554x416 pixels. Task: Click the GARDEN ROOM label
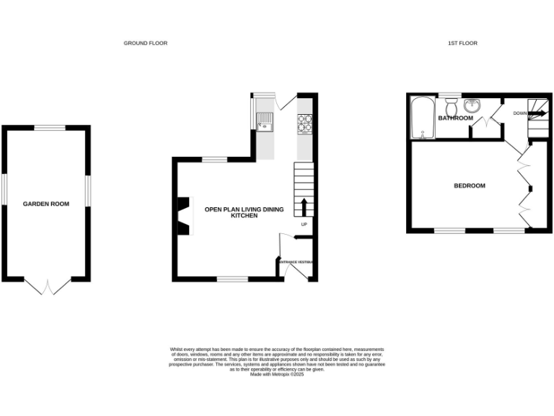click(x=46, y=204)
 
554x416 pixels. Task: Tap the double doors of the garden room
click(x=47, y=287)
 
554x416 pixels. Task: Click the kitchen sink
click(x=265, y=123)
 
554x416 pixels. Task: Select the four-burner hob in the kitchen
click(x=304, y=124)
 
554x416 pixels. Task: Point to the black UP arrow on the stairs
click(x=304, y=207)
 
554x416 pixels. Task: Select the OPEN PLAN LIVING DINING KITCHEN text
click(x=244, y=212)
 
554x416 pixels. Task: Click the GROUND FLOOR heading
click(x=145, y=43)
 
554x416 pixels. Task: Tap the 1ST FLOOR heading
click(x=462, y=43)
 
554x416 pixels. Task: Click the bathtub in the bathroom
click(x=421, y=119)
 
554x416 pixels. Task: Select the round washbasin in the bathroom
click(x=473, y=105)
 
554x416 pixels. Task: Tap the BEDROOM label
click(x=469, y=186)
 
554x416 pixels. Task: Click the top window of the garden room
click(x=46, y=128)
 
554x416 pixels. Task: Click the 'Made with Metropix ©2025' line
click(x=277, y=374)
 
